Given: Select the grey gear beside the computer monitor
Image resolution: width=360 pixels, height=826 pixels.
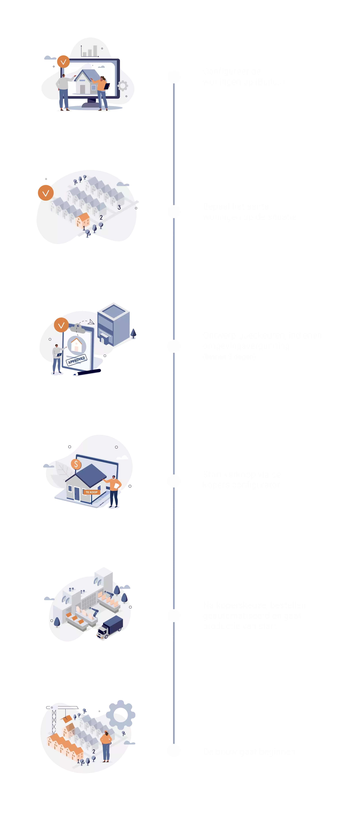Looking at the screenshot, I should pyautogui.click(x=123, y=86).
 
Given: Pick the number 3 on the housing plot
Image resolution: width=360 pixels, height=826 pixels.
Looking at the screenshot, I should pyautogui.click(x=119, y=207).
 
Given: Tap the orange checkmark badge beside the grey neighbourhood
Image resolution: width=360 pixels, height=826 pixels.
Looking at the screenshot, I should pyautogui.click(x=46, y=193).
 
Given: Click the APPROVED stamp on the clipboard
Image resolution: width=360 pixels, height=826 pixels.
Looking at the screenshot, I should pyautogui.click(x=77, y=360).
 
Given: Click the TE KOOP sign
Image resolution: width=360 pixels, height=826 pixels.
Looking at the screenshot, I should pyautogui.click(x=91, y=492).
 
